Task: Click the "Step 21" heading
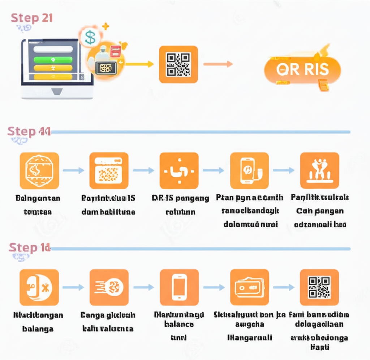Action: click(x=32, y=18)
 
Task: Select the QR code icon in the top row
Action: click(x=178, y=65)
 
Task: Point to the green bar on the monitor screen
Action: click(x=53, y=59)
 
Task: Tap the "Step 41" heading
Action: click(x=29, y=132)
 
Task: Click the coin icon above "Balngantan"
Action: click(x=39, y=170)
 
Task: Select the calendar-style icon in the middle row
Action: click(x=109, y=170)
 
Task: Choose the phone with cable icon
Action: click(x=249, y=170)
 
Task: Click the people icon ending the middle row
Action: click(x=319, y=170)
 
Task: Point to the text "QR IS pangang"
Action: click(x=180, y=198)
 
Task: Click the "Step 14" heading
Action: click(x=29, y=248)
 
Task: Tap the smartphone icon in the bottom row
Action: click(x=179, y=287)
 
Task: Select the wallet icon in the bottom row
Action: click(x=249, y=287)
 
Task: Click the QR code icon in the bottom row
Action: click(x=319, y=287)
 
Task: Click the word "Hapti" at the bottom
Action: click(x=320, y=347)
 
